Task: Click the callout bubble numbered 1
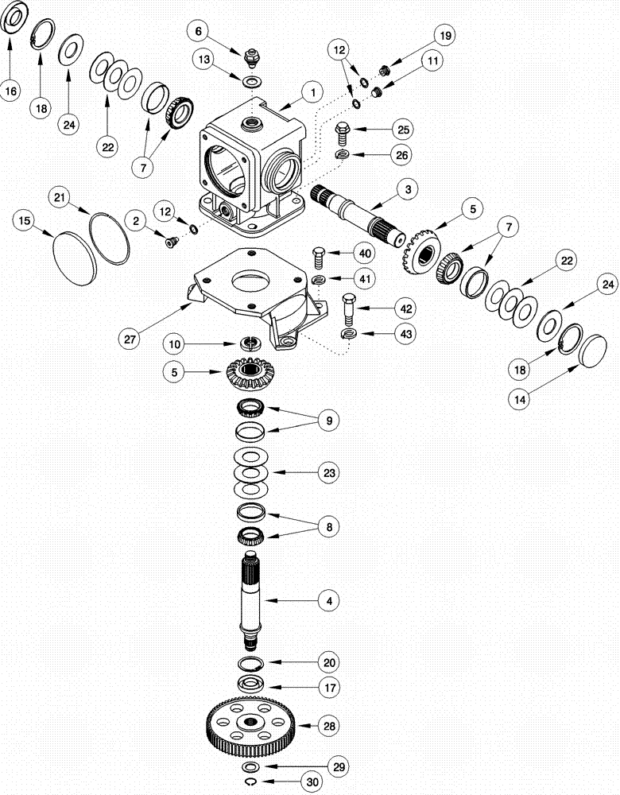point(312,93)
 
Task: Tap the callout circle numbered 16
point(11,91)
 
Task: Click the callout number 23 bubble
point(327,472)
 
